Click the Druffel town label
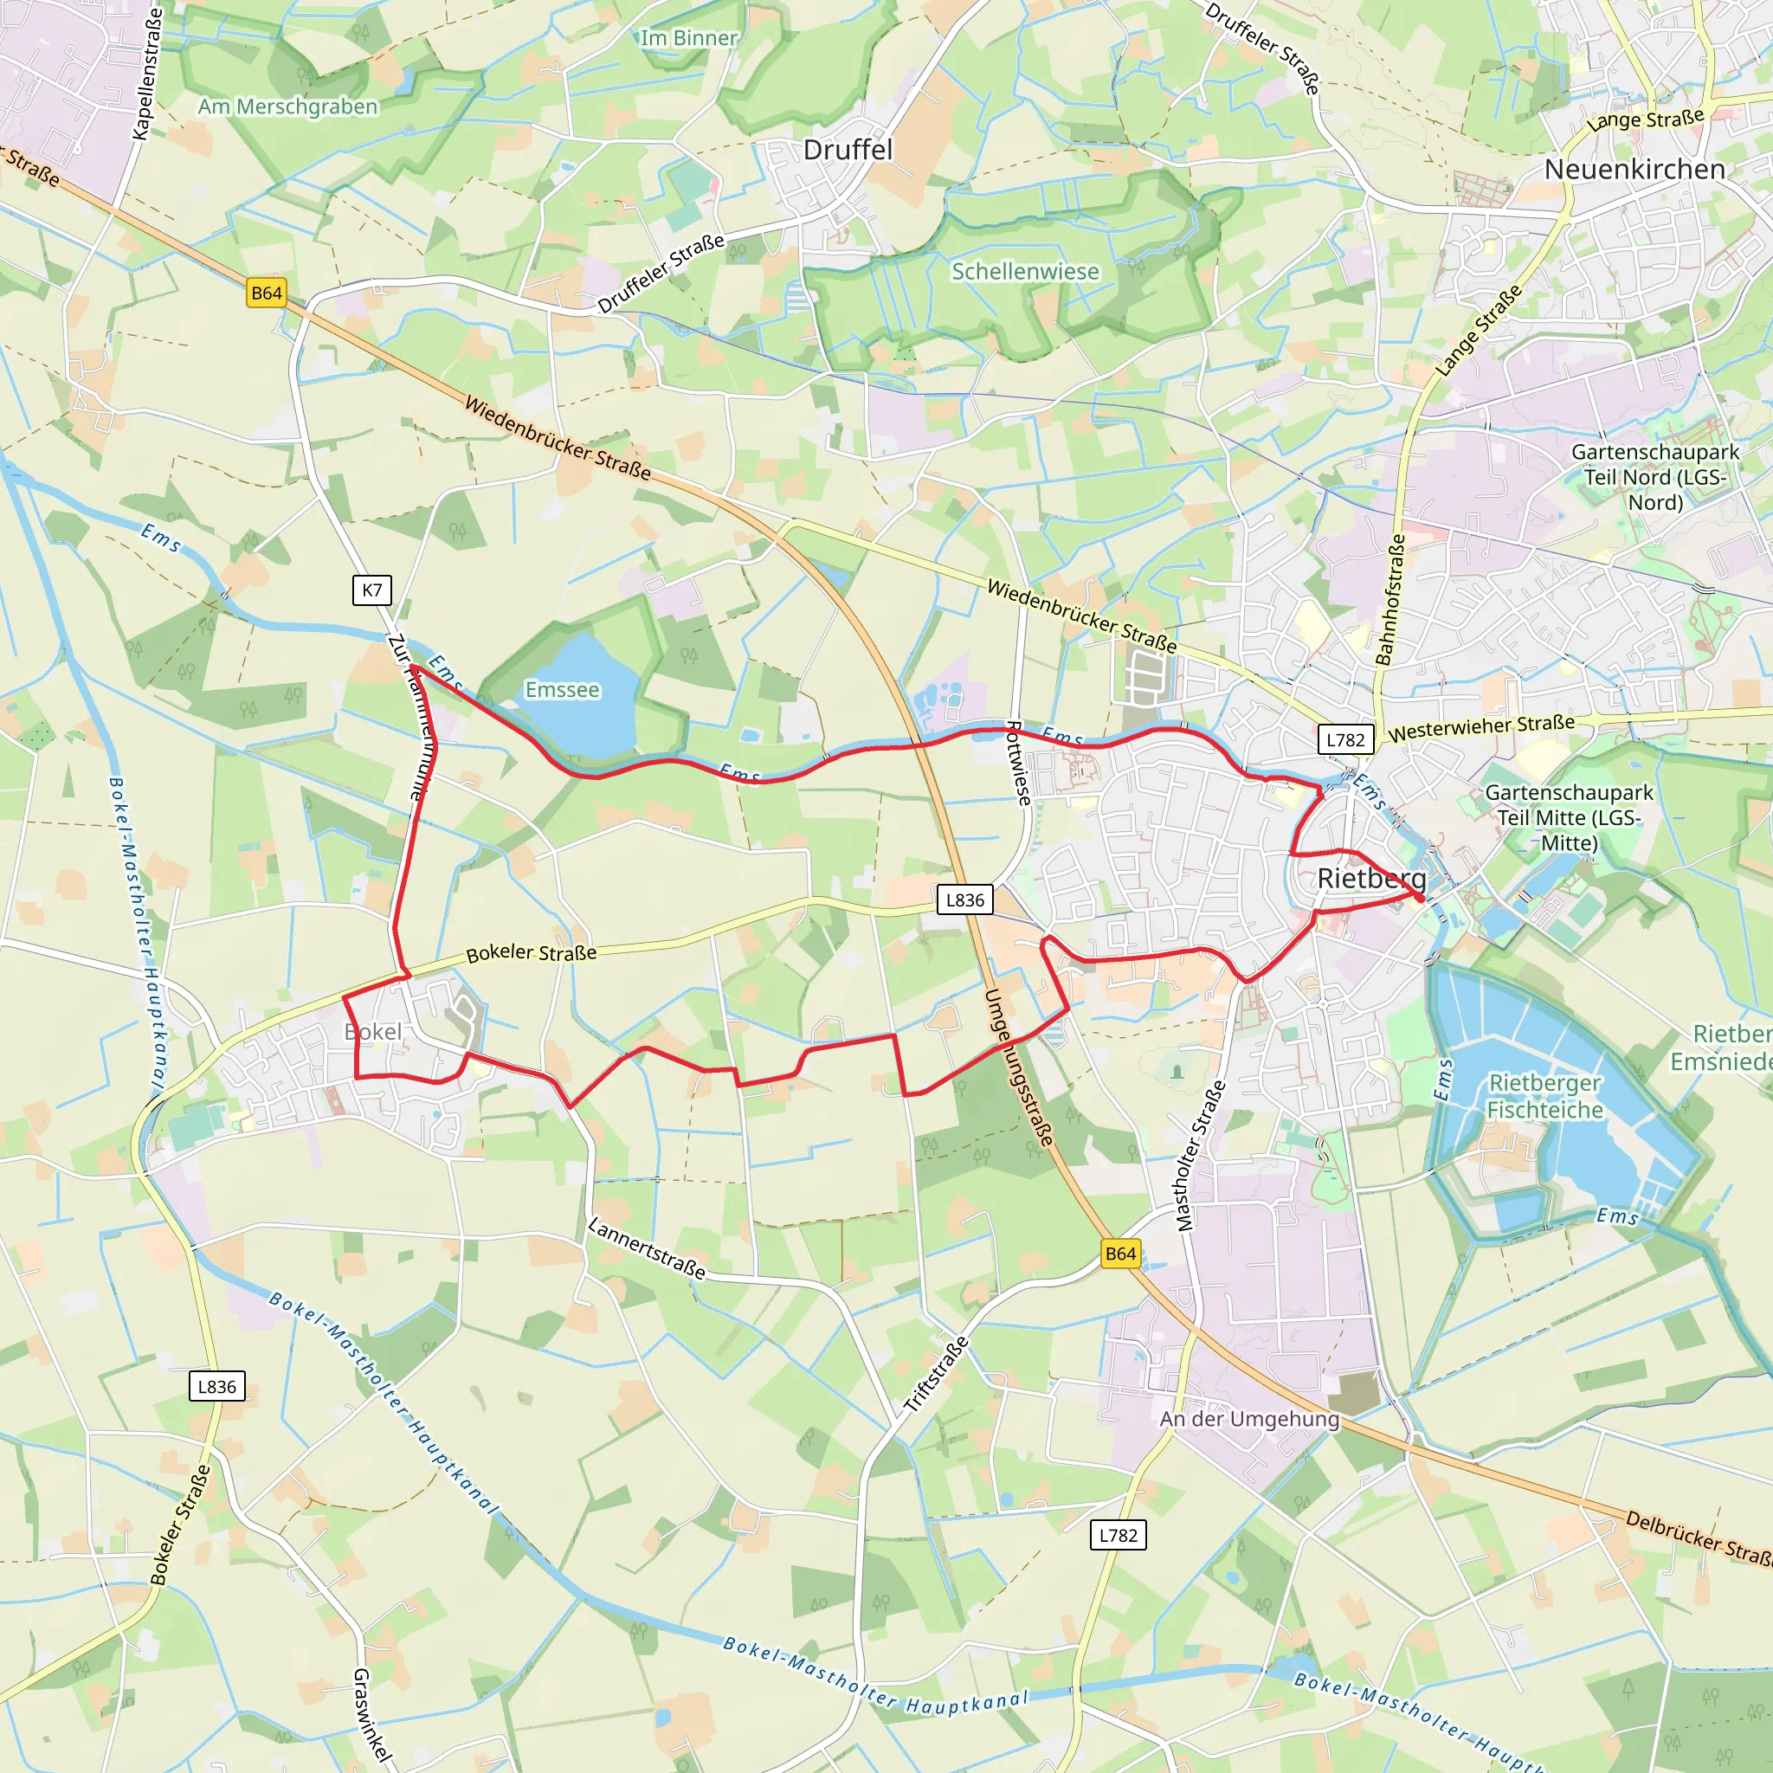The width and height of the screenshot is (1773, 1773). pyautogui.click(x=847, y=150)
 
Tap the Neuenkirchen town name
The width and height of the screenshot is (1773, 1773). pyautogui.click(x=1634, y=169)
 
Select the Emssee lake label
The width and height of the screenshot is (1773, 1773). pyautogui.click(x=563, y=689)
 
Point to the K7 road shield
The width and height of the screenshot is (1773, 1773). pyautogui.click(x=371, y=590)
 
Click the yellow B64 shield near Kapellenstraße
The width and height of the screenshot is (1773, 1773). pyautogui.click(x=266, y=293)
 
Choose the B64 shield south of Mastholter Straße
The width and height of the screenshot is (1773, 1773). pyautogui.click(x=1120, y=1254)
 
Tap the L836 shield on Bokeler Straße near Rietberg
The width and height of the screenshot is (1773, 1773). pyautogui.click(x=964, y=900)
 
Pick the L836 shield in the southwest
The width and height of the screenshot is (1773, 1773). pyautogui.click(x=216, y=1387)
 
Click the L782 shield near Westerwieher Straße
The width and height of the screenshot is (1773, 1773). pyautogui.click(x=1345, y=739)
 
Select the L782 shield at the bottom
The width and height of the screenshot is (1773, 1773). pyautogui.click(x=1118, y=1535)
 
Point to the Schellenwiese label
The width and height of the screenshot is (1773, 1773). pyautogui.click(x=1025, y=272)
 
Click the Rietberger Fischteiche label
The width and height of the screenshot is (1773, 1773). pyautogui.click(x=1544, y=1096)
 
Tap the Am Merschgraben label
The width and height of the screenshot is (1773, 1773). pyautogui.click(x=287, y=106)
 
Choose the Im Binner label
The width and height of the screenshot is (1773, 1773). pyautogui.click(x=688, y=37)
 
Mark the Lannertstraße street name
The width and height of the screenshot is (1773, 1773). pyautogui.click(x=647, y=1248)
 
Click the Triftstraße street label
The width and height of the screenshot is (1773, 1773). pyautogui.click(x=936, y=1374)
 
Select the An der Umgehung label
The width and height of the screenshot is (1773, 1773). pyautogui.click(x=1249, y=1419)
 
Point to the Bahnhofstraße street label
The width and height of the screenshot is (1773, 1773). pyautogui.click(x=1390, y=599)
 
